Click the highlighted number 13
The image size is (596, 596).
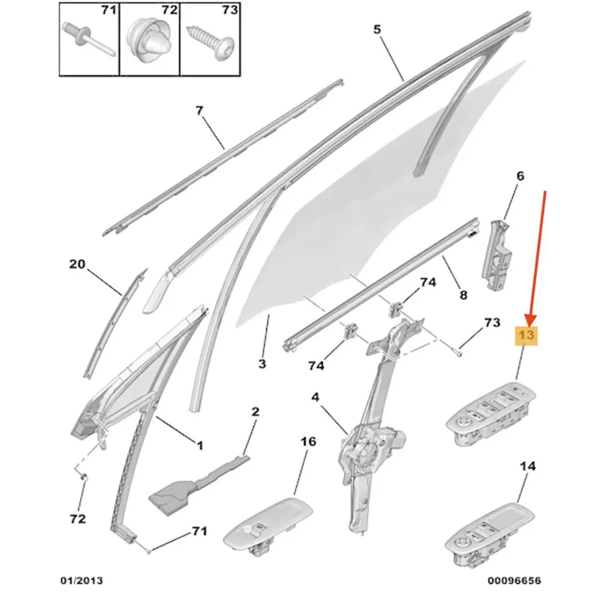[526, 335]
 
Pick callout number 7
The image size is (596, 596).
[199, 110]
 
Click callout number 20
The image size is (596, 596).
[77, 264]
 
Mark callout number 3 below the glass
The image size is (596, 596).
[262, 364]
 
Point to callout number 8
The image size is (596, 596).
[463, 296]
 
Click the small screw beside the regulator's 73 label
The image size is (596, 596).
[458, 353]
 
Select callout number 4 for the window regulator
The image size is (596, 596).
[315, 397]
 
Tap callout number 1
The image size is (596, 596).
[199, 446]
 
